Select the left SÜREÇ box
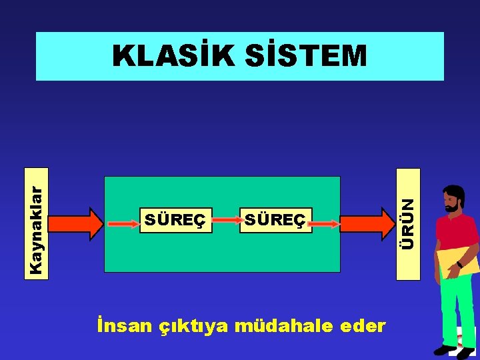pos(175,220)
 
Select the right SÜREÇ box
pos(275,220)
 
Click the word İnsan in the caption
pos(124,326)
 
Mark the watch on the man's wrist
pos(459,265)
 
